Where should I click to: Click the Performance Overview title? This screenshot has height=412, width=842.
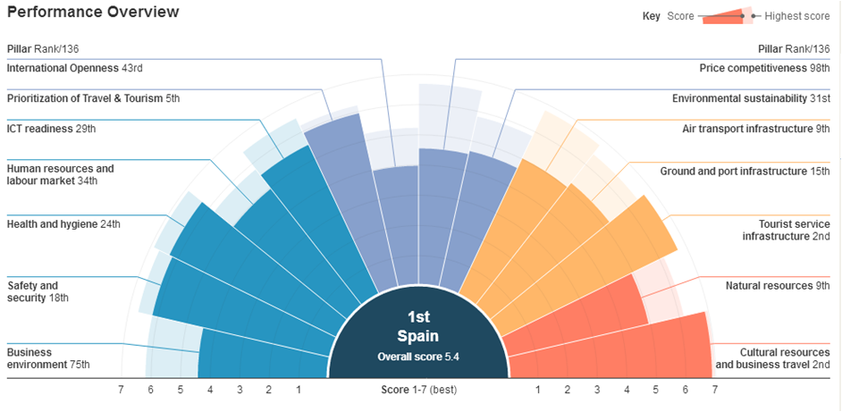coord(93,13)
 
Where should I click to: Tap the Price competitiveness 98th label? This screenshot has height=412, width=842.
coord(765,68)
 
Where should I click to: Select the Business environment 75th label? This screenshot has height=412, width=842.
coord(48,358)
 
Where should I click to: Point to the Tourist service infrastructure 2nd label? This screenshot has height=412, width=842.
coord(786,230)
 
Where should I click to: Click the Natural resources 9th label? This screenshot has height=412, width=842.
coord(778,286)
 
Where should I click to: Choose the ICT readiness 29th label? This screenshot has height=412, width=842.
coord(51,129)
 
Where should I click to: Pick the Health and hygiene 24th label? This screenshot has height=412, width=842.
coord(63,224)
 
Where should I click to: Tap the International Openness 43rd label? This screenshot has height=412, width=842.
coord(74,68)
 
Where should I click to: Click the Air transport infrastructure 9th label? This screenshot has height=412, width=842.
coord(756,129)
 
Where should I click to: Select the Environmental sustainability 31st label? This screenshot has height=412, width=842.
coord(751,98)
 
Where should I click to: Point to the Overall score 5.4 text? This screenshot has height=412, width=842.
coord(419,356)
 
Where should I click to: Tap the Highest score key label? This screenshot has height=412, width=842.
coord(797,16)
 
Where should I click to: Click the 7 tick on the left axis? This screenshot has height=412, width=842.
coord(122,390)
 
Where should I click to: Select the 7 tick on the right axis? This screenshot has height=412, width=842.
coord(714,390)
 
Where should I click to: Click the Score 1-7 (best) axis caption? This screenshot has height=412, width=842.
coord(419,390)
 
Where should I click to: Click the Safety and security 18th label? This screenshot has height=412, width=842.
coord(38,291)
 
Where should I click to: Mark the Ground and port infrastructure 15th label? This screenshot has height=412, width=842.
coord(745,171)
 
